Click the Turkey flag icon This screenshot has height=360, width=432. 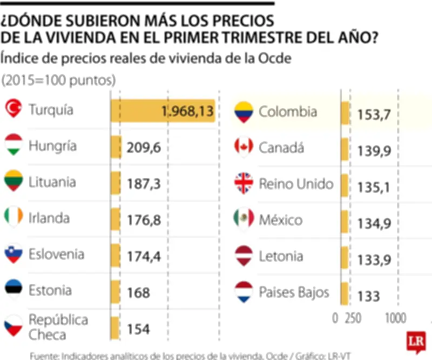[13, 109]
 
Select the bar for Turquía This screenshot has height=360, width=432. [163, 111]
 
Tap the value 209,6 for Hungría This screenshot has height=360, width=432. [144, 148]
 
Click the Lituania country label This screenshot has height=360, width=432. [52, 182]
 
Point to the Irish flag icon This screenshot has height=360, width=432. [13, 217]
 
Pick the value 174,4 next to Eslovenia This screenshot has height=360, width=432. [144, 256]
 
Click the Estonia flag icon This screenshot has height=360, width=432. [13, 289]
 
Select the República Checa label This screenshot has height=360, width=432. [58, 326]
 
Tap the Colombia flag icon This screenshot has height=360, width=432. [244, 112]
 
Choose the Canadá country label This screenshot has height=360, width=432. [281, 148]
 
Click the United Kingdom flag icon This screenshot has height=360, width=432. [244, 184]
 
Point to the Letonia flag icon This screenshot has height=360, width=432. [244, 256]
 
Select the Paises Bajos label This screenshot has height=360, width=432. [294, 292]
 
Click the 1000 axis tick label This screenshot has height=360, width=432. [396, 318]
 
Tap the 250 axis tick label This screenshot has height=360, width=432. [353, 318]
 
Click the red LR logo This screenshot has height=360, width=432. [416, 342]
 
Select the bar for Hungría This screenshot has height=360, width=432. [116, 146]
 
